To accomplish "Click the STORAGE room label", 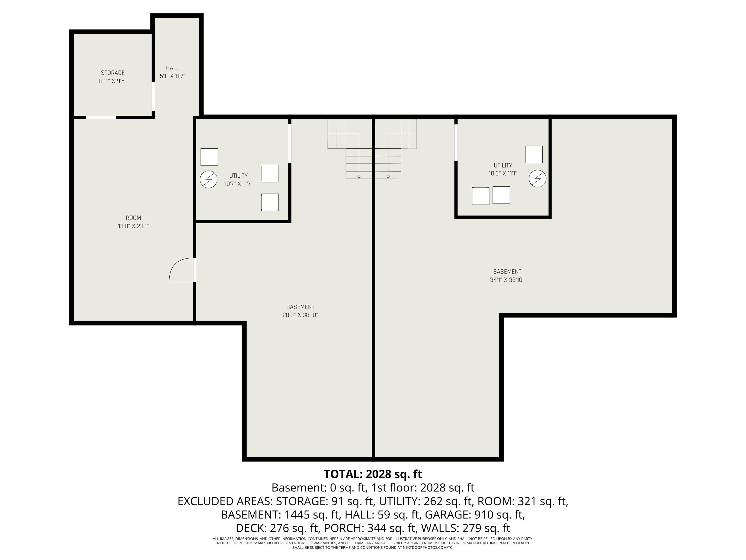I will pos(113,77).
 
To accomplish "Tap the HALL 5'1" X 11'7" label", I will pos(172,72).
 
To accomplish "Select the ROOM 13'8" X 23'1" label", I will pos(133,222).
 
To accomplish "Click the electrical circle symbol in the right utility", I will pos(537,178).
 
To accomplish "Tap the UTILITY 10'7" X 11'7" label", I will pos(238,180).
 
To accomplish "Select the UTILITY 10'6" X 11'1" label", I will pos(503,169).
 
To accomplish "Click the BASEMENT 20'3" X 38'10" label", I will pos(300,311).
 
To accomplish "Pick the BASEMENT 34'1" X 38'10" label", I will pos(507,276).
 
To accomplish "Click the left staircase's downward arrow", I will pos(359,176).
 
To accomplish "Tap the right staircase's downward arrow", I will pos(388,176).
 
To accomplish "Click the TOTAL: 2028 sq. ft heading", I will pos(373,474).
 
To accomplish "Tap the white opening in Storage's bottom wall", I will pos(100,117).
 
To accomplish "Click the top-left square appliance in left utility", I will pos(209,157).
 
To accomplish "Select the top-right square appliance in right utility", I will pos(534,154).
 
